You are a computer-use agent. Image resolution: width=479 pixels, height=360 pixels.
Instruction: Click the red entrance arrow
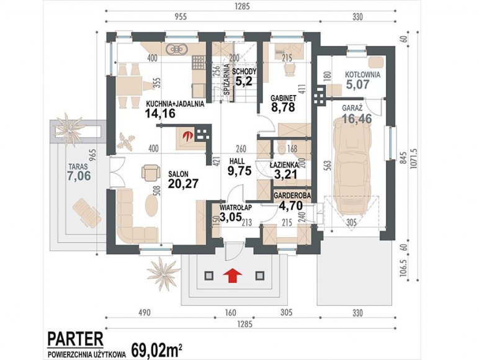pyautogui.click(x=233, y=276)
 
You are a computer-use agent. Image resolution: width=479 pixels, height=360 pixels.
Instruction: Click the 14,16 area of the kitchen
pyautogui.click(x=160, y=114)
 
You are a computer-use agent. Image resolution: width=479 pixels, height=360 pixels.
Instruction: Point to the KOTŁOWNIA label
pyautogui.click(x=362, y=74)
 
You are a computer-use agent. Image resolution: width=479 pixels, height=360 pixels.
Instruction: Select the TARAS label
pyautogui.click(x=78, y=167)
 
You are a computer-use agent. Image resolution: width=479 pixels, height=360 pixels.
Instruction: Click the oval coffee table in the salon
pyautogui.click(x=151, y=205)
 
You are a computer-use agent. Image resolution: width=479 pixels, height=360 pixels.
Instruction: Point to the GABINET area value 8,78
pyautogui.click(x=283, y=107)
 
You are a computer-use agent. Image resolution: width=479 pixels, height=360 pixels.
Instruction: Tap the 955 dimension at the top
pyautogui.click(x=180, y=16)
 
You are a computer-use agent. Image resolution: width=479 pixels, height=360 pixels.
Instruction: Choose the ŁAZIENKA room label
pyautogui.click(x=284, y=164)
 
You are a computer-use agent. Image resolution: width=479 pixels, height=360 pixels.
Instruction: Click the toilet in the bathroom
pyautogui.click(x=280, y=146)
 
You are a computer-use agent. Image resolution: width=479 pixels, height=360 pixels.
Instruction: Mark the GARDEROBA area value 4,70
pyautogui.click(x=290, y=204)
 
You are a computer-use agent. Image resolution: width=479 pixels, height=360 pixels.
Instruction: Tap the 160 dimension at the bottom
pyautogui.click(x=230, y=313)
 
